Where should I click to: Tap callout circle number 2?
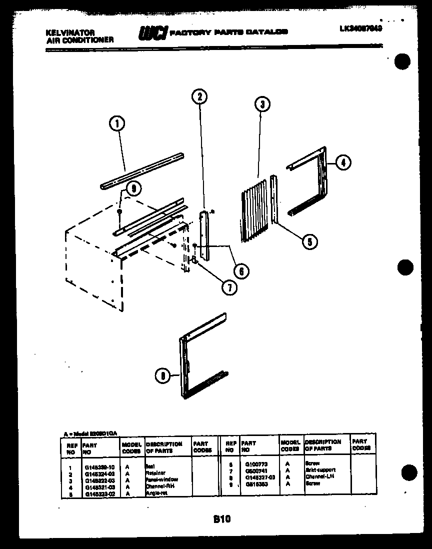point(199,96)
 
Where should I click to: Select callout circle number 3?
point(261,103)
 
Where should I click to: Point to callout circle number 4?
point(342,162)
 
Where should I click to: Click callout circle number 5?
point(309,241)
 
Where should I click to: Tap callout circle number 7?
point(229,287)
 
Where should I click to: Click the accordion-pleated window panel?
point(254,212)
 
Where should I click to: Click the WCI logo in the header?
point(153,32)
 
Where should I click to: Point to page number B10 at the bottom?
point(221,519)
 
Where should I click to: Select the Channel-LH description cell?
point(319,476)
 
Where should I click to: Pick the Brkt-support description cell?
point(320,470)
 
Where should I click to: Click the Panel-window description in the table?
point(161,479)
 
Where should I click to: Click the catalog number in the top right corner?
point(360,29)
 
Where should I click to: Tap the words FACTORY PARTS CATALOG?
point(229,32)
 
